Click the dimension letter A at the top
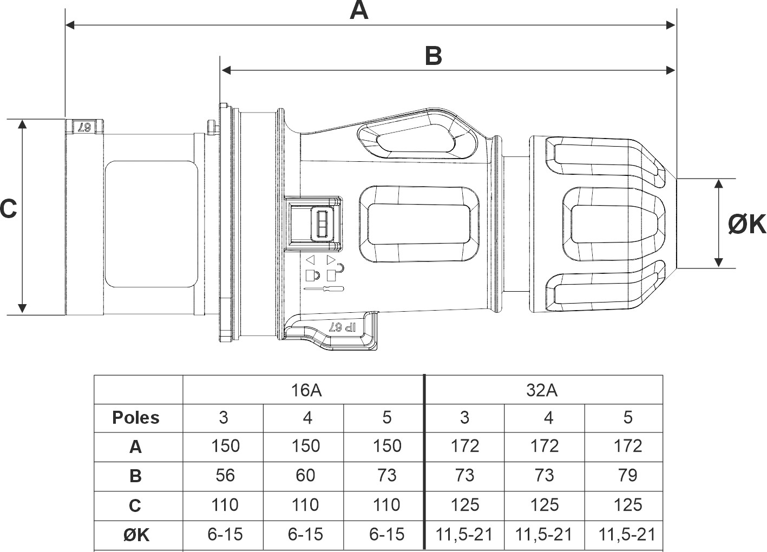[359, 10]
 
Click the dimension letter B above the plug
[433, 56]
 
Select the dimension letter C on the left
[8, 209]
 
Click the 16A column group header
[306, 390]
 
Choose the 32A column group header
[542, 390]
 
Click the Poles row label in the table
[136, 418]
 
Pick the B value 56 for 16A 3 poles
[225, 475]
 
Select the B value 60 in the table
[305, 475]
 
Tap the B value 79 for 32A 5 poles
[627, 475]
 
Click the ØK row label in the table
[136, 535]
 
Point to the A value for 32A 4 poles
[544, 446]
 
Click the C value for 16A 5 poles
[386, 505]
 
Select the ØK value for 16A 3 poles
[225, 535]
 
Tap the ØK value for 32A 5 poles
[627, 535]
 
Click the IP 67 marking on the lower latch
[343, 327]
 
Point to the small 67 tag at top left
[84, 127]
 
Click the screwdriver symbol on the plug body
[324, 288]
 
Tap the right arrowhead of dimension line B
[671, 70]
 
